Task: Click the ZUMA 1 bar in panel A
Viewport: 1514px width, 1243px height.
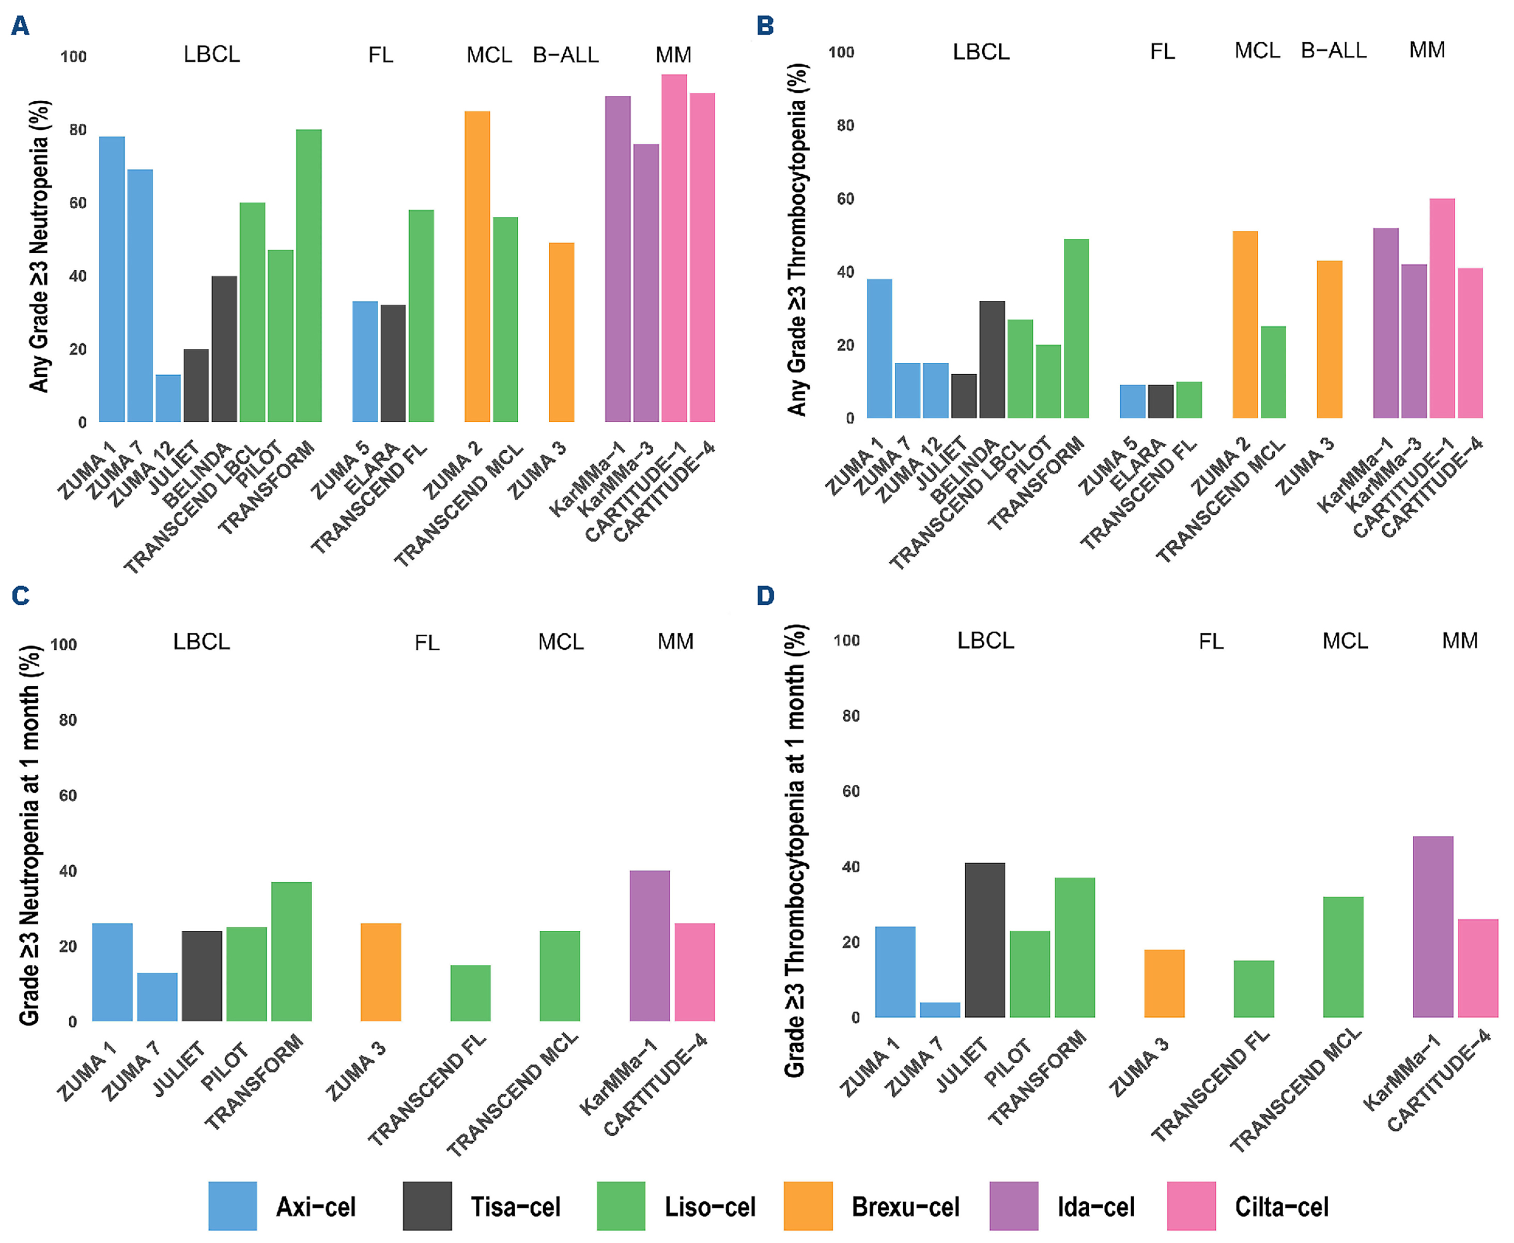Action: [x=112, y=279]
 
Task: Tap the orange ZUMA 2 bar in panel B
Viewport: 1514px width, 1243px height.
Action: [x=1245, y=325]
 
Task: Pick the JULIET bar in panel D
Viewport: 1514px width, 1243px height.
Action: [x=984, y=940]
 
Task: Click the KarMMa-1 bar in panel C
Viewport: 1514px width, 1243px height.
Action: [x=650, y=945]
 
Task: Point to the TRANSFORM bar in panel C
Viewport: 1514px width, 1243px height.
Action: [x=291, y=951]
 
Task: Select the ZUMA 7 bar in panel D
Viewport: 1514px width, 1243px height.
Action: [x=939, y=1009]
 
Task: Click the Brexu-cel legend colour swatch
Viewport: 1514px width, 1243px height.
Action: [x=808, y=1206]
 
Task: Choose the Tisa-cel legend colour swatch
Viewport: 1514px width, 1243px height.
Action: [x=427, y=1206]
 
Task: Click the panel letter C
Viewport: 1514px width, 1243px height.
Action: [x=20, y=596]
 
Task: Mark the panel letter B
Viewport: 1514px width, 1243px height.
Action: [x=765, y=26]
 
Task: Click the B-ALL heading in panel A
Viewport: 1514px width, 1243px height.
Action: [x=565, y=55]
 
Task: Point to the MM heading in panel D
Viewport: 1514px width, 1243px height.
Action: [x=1460, y=640]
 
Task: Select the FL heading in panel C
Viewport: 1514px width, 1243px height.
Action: [x=427, y=642]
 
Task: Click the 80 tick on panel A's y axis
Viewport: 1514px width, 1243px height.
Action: [x=78, y=130]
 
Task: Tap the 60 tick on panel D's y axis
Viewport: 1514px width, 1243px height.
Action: [x=851, y=791]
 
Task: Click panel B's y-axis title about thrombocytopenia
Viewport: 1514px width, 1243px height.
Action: [x=797, y=240]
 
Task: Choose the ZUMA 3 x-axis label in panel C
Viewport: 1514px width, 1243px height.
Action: [x=356, y=1071]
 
